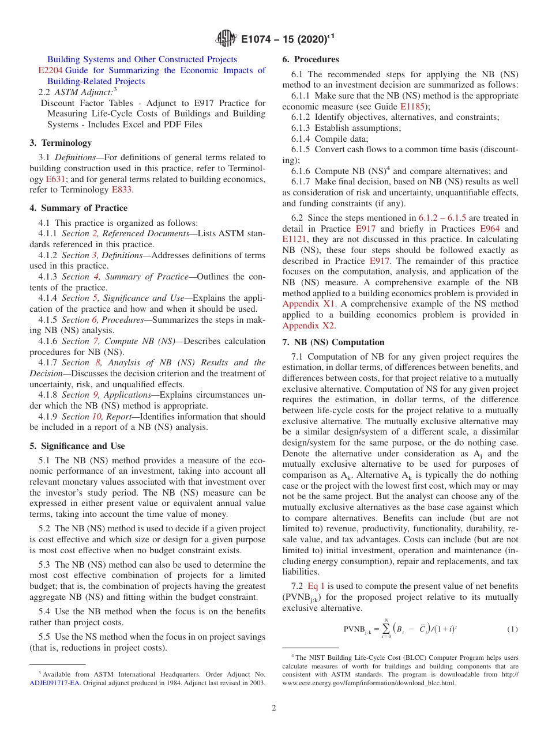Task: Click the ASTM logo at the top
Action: (x=226, y=39)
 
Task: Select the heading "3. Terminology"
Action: (x=61, y=142)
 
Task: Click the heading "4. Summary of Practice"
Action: (x=78, y=208)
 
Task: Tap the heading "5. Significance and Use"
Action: (x=77, y=446)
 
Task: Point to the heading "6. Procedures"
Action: (x=310, y=59)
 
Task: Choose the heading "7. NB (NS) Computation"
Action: (x=333, y=342)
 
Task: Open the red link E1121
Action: (x=294, y=240)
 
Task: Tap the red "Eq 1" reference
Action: (x=316, y=586)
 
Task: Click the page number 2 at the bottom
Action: (x=274, y=708)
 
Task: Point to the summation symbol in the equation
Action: (x=386, y=629)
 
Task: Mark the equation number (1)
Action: (x=512, y=629)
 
